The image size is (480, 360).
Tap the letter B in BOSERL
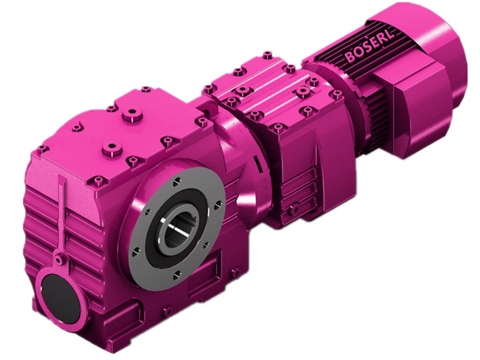click(349, 58)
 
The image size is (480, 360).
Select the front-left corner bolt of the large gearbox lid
click(41, 149)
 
